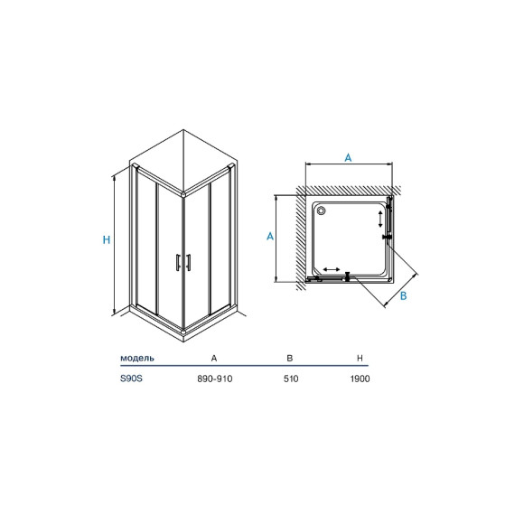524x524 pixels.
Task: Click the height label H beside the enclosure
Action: pos(107,239)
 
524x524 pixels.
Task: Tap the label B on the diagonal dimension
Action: pos(403,295)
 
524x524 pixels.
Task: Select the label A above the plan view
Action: pos(348,157)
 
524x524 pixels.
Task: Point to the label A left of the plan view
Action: pos(270,237)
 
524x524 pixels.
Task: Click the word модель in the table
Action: pos(137,359)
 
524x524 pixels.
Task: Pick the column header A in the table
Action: pos(214,359)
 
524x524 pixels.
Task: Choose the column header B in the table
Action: pos(290,359)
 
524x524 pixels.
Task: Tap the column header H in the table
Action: pos(360,359)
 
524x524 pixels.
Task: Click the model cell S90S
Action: pos(131,379)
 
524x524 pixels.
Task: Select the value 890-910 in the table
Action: pos(214,379)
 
